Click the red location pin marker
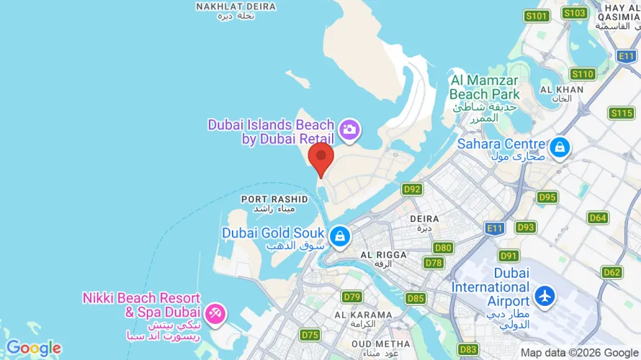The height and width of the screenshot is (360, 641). (320, 158)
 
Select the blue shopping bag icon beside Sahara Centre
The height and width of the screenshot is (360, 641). (559, 148)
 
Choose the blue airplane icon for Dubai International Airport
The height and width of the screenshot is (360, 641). (545, 295)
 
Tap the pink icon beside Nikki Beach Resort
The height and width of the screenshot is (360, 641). (215, 314)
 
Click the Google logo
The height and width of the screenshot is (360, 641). (33, 348)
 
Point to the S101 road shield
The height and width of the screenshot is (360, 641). (537, 15)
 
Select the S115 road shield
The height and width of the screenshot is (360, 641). (621, 113)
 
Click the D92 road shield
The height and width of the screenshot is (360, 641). (412, 189)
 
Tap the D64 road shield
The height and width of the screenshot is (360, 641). (598, 217)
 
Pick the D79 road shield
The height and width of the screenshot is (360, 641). (352, 297)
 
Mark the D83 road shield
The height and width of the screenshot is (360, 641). (468, 348)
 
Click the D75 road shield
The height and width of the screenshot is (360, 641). (310, 335)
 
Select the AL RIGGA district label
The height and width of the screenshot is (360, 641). (384, 255)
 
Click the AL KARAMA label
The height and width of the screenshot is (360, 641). (363, 315)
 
